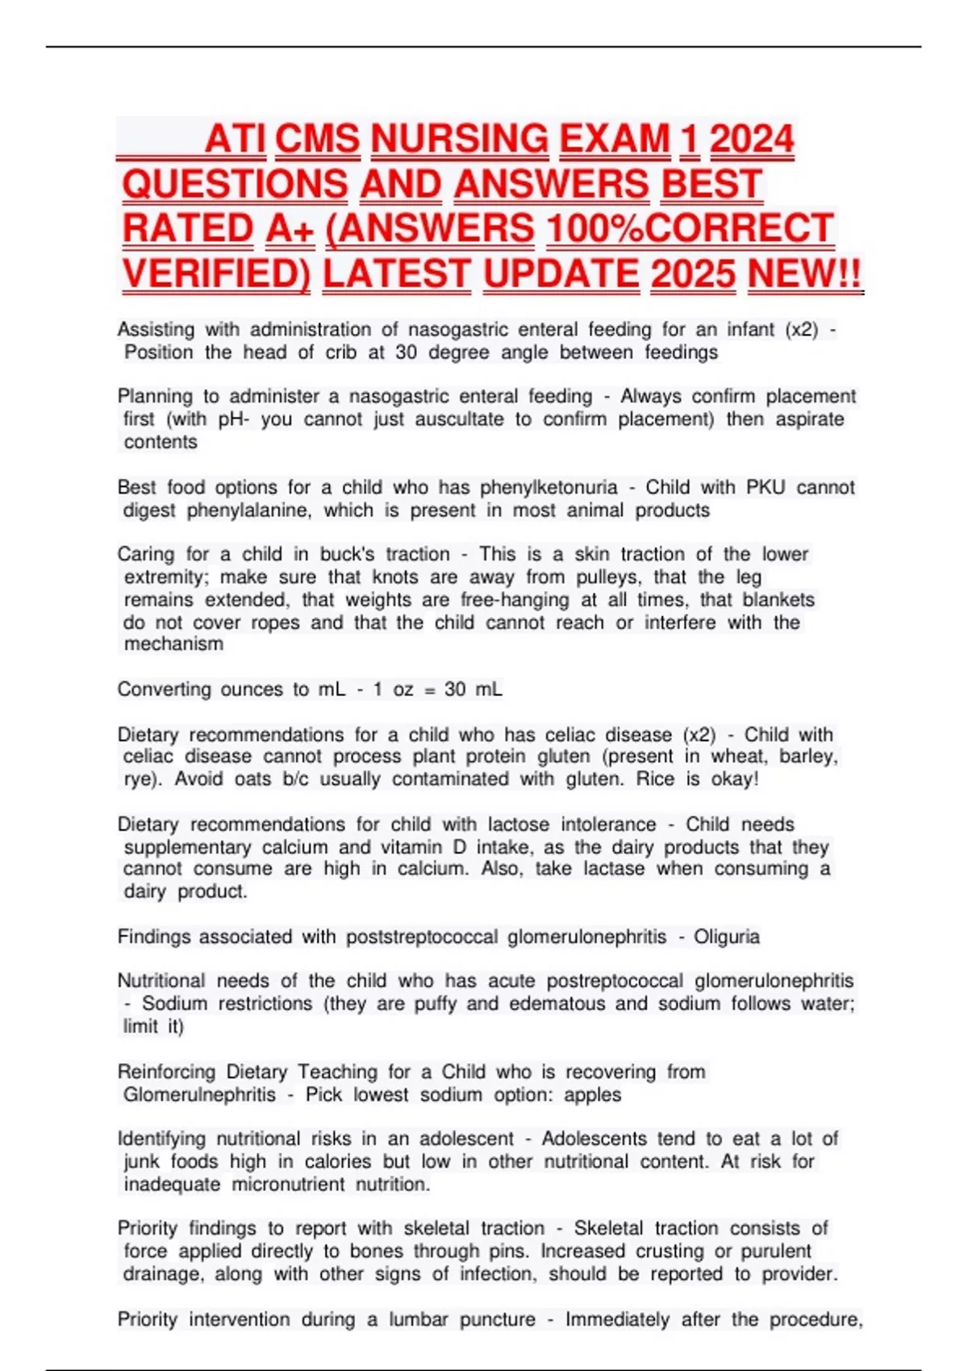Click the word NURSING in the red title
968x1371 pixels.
coord(459,140)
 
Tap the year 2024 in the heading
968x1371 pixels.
coord(752,140)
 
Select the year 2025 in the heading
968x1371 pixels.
coord(693,274)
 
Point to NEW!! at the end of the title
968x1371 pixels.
coord(805,274)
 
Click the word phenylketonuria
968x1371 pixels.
coord(549,487)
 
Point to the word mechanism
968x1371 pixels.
coord(173,644)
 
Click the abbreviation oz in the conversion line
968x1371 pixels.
coord(403,690)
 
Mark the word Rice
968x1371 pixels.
coord(655,779)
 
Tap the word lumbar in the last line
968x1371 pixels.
coord(418,1319)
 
